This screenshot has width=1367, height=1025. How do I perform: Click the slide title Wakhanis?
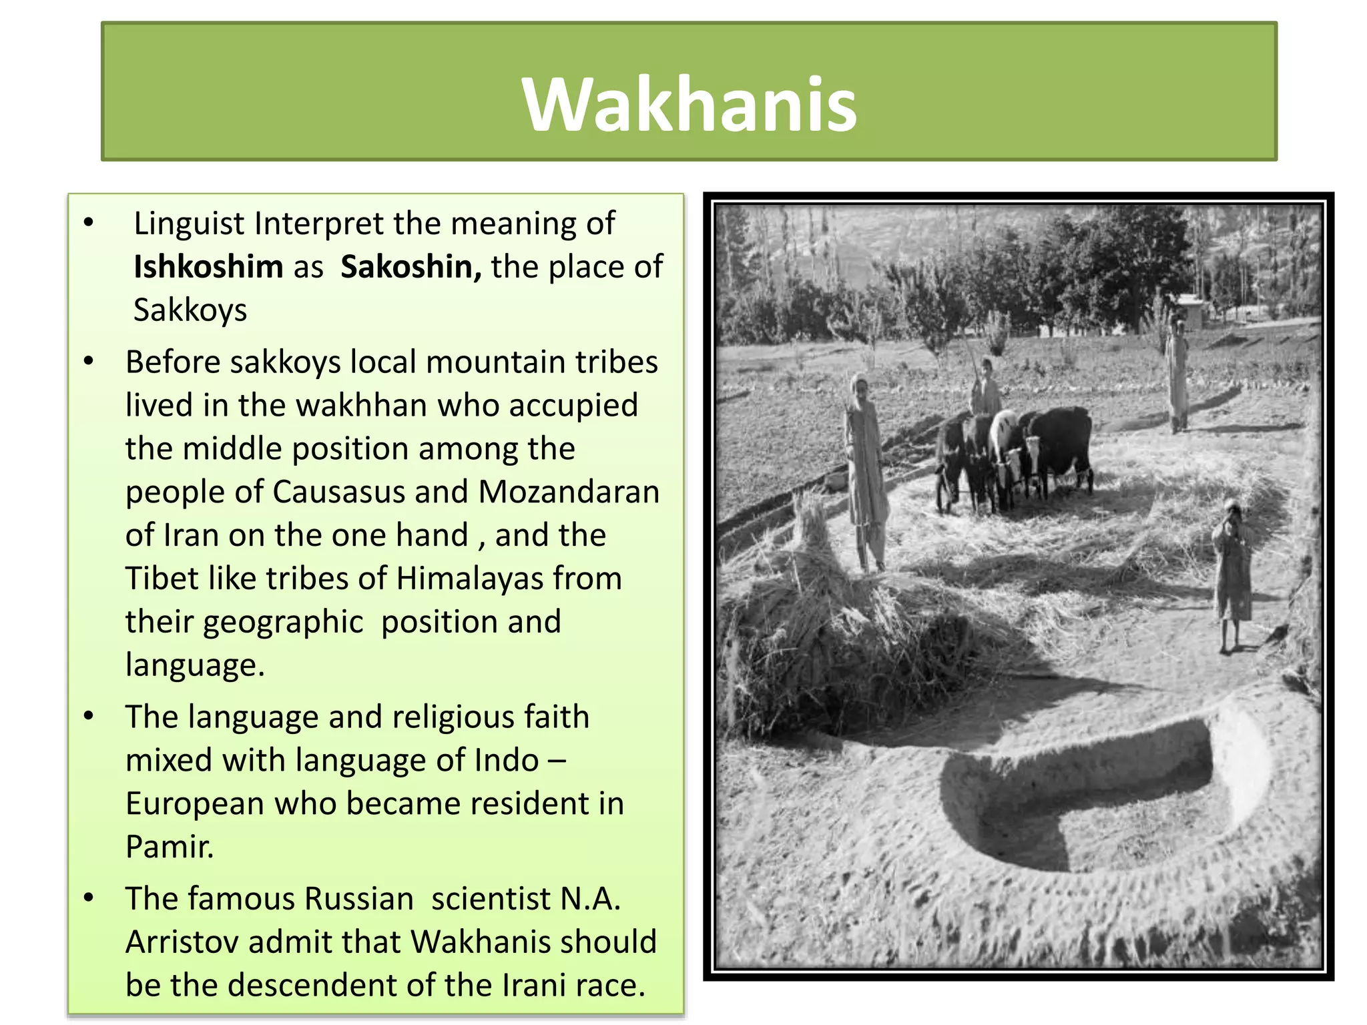[x=689, y=104]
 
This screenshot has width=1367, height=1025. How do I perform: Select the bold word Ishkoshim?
[x=208, y=267]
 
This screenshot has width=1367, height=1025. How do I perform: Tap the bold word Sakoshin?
[x=410, y=267]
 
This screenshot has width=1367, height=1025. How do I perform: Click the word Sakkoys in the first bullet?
[x=190, y=310]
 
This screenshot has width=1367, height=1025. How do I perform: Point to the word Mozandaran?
[x=569, y=492]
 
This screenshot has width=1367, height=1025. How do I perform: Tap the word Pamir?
[x=169, y=847]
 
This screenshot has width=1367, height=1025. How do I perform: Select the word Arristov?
[x=182, y=942]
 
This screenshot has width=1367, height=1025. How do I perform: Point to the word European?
[x=195, y=803]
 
